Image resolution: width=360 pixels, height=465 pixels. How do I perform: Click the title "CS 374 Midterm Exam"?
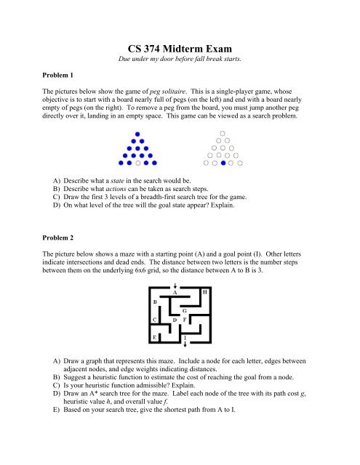(x=179, y=46)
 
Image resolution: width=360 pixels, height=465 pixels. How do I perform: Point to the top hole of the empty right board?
(x=223, y=133)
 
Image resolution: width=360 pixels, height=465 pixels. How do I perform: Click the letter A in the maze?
(x=174, y=293)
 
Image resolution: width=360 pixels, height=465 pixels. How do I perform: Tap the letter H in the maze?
(x=205, y=291)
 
